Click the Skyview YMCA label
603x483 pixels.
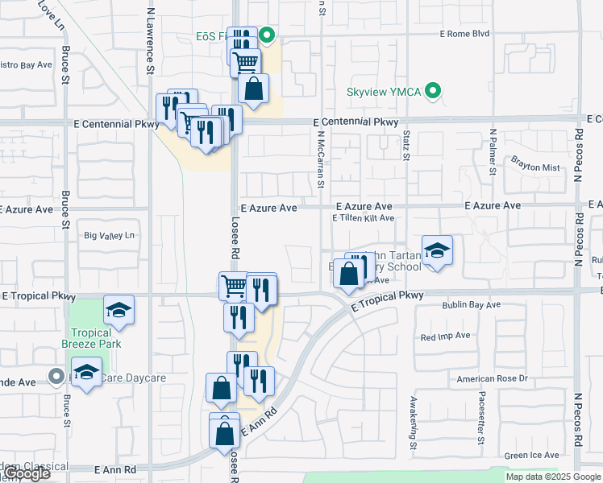(x=384, y=91)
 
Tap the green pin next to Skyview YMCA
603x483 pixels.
(x=434, y=91)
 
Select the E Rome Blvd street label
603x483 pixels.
(x=464, y=34)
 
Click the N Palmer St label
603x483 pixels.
(x=492, y=151)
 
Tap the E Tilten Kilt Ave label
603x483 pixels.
(x=363, y=218)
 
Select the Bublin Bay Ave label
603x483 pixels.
(x=471, y=305)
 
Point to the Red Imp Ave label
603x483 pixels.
(x=444, y=336)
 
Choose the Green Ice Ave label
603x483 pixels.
(x=528, y=456)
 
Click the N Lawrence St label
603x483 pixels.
(x=150, y=40)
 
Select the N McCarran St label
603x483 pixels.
(x=320, y=162)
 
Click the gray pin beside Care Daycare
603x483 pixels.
(x=56, y=376)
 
